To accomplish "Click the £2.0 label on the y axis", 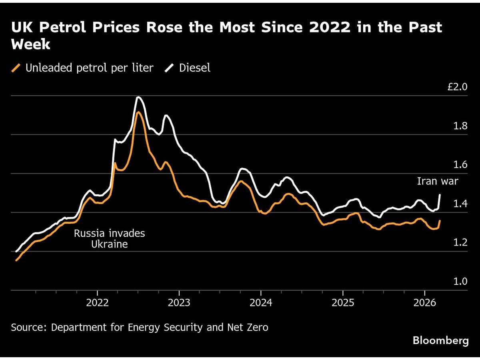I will point(457,87).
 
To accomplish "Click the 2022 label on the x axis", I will point(98,302).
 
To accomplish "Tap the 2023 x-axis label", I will point(179,302).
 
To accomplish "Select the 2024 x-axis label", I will point(261,302).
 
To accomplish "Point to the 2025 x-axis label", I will point(342,302).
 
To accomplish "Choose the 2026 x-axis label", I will point(424,302).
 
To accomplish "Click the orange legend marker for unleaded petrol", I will point(16,68).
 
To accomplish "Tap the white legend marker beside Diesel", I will point(170,68).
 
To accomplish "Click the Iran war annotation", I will point(438,181).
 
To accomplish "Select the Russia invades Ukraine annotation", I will point(109,238).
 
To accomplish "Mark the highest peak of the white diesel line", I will point(138,97).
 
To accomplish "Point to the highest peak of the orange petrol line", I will point(138,112).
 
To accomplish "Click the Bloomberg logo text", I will point(440,341).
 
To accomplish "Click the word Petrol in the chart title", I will point(55,28).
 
